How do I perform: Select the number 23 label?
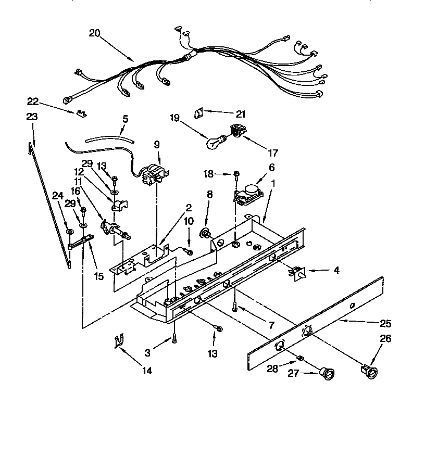[32, 117]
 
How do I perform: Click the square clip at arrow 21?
[198, 112]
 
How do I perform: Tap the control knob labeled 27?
[327, 372]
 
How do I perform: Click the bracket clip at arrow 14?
[119, 341]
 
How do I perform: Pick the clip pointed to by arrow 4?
[298, 272]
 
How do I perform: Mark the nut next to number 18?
[236, 173]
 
